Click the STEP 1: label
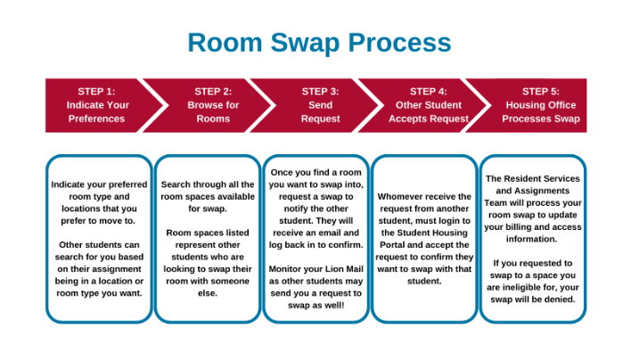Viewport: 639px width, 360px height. tap(96, 91)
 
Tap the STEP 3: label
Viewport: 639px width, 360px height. tap(320, 91)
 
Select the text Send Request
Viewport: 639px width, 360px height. tap(320, 111)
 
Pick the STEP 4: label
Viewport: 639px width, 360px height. tap(429, 91)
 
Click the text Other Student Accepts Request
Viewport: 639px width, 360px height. tap(429, 111)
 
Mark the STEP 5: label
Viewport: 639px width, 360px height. tap(540, 91)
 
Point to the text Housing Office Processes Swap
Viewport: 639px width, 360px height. tap(540, 111)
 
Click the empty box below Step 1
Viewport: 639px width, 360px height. tap(99, 238)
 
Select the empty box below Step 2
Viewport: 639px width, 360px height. tap(208, 238)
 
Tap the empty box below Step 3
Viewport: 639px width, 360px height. tap(316, 238)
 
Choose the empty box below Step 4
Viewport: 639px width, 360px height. tap(424, 238)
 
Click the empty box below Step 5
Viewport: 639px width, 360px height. tap(533, 238)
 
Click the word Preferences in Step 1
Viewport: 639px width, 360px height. tap(96, 119)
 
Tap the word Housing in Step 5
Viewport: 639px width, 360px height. tap(521, 105)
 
